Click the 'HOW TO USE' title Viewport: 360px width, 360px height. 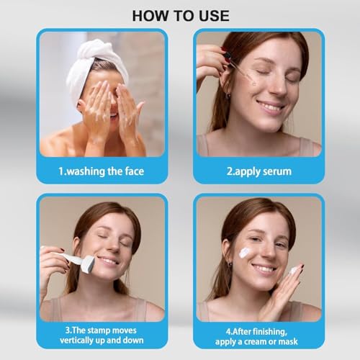click(x=180, y=14)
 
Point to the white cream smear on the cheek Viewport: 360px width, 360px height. click(x=245, y=251)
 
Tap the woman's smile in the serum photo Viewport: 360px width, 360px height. click(x=269, y=106)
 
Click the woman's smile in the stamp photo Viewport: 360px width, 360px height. click(x=110, y=261)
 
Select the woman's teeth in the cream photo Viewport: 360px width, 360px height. click(x=264, y=269)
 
